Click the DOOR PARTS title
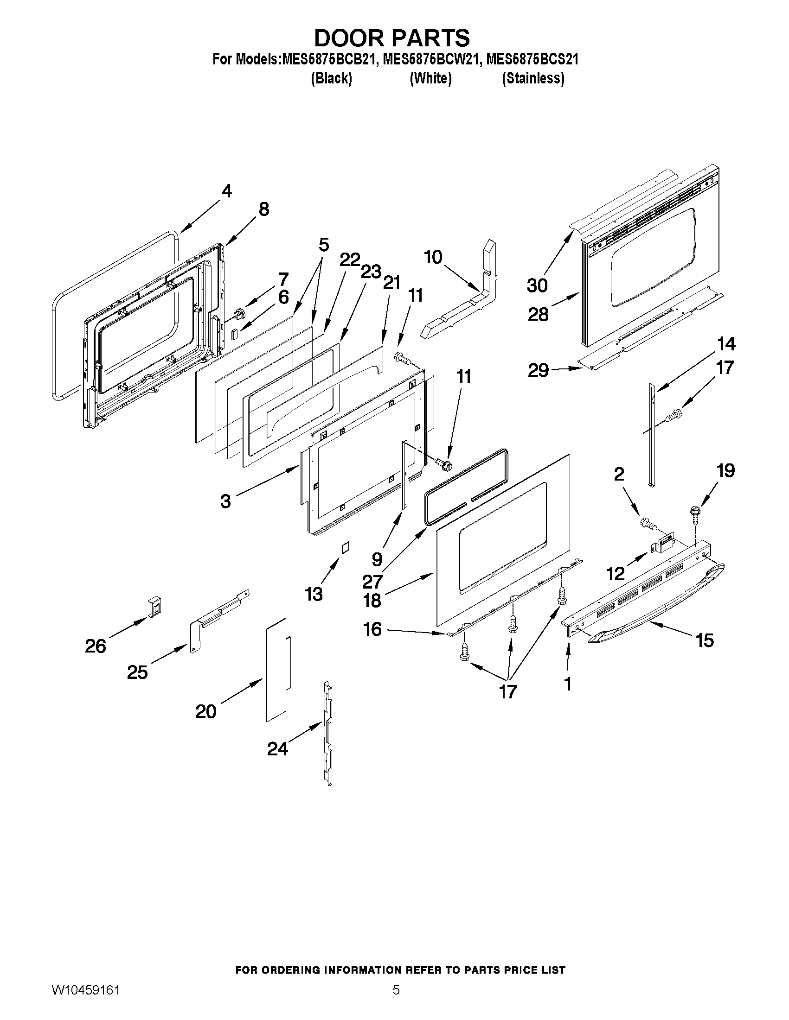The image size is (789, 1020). [x=391, y=38]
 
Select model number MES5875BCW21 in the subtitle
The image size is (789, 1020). [x=431, y=60]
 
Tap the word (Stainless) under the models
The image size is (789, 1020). [x=533, y=78]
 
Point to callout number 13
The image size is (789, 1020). [x=314, y=594]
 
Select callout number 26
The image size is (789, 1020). [x=96, y=646]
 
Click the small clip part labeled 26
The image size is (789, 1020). [x=155, y=606]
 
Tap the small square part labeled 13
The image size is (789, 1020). [x=345, y=548]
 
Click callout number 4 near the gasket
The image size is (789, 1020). [x=226, y=191]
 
